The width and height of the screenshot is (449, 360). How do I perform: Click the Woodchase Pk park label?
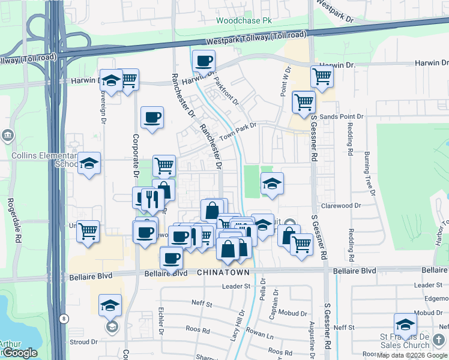click(x=244, y=20)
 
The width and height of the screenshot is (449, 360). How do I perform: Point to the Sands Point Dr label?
click(x=342, y=116)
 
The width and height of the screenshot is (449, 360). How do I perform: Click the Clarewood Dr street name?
click(x=341, y=205)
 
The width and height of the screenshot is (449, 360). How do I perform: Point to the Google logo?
click(x=19, y=353)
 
